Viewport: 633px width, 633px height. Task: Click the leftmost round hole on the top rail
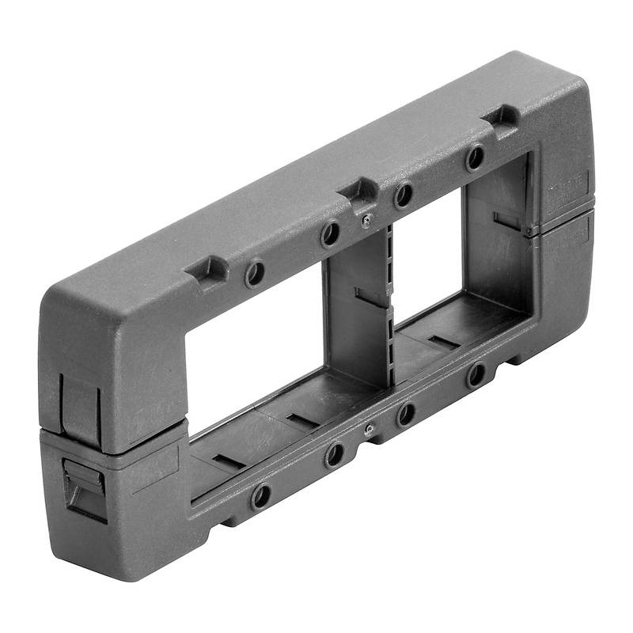pyautogui.click(x=255, y=274)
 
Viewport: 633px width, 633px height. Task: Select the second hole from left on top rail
pyautogui.click(x=330, y=233)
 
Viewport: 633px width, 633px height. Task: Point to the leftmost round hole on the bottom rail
pyautogui.click(x=260, y=496)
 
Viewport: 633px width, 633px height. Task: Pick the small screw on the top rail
pyautogui.click(x=366, y=221)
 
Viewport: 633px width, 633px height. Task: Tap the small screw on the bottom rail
pyautogui.click(x=370, y=429)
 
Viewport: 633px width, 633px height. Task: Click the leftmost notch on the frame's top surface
pyautogui.click(x=207, y=269)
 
